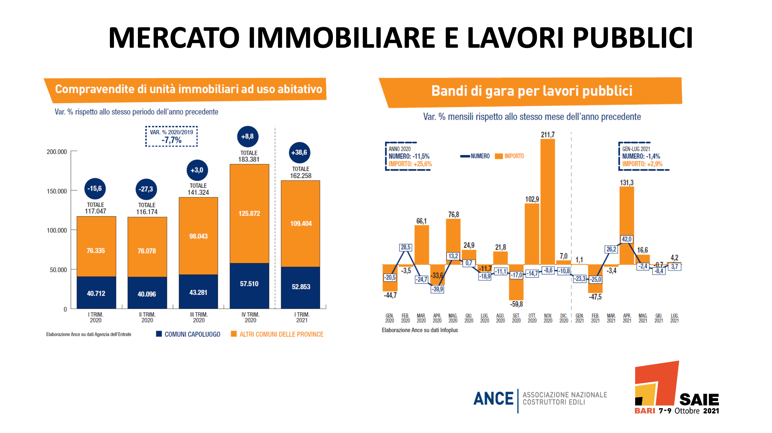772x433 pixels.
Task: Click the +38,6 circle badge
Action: pos(299,153)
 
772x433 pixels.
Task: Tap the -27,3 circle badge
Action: pos(146,189)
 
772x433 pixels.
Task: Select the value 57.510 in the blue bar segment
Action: pos(249,284)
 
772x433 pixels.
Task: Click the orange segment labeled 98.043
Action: pos(198,236)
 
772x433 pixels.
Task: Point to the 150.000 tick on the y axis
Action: pos(57,191)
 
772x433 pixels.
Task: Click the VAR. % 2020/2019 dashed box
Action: pos(172,137)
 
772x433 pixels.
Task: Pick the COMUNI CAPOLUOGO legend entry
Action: pos(189,334)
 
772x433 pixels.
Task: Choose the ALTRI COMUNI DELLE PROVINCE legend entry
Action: pos(277,334)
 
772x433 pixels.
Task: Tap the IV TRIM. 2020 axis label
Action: pos(250,317)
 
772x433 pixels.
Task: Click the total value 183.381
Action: pos(249,159)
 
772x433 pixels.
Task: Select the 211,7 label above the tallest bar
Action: pos(548,135)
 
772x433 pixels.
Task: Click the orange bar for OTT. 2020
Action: pos(532,234)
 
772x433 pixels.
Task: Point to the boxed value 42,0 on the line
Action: pos(626,239)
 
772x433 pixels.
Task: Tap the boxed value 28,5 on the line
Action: pos(405,247)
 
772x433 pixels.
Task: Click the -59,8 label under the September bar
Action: pos(516,304)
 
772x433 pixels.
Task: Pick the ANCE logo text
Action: pos(493,399)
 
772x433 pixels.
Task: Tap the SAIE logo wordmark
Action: pos(699,400)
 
